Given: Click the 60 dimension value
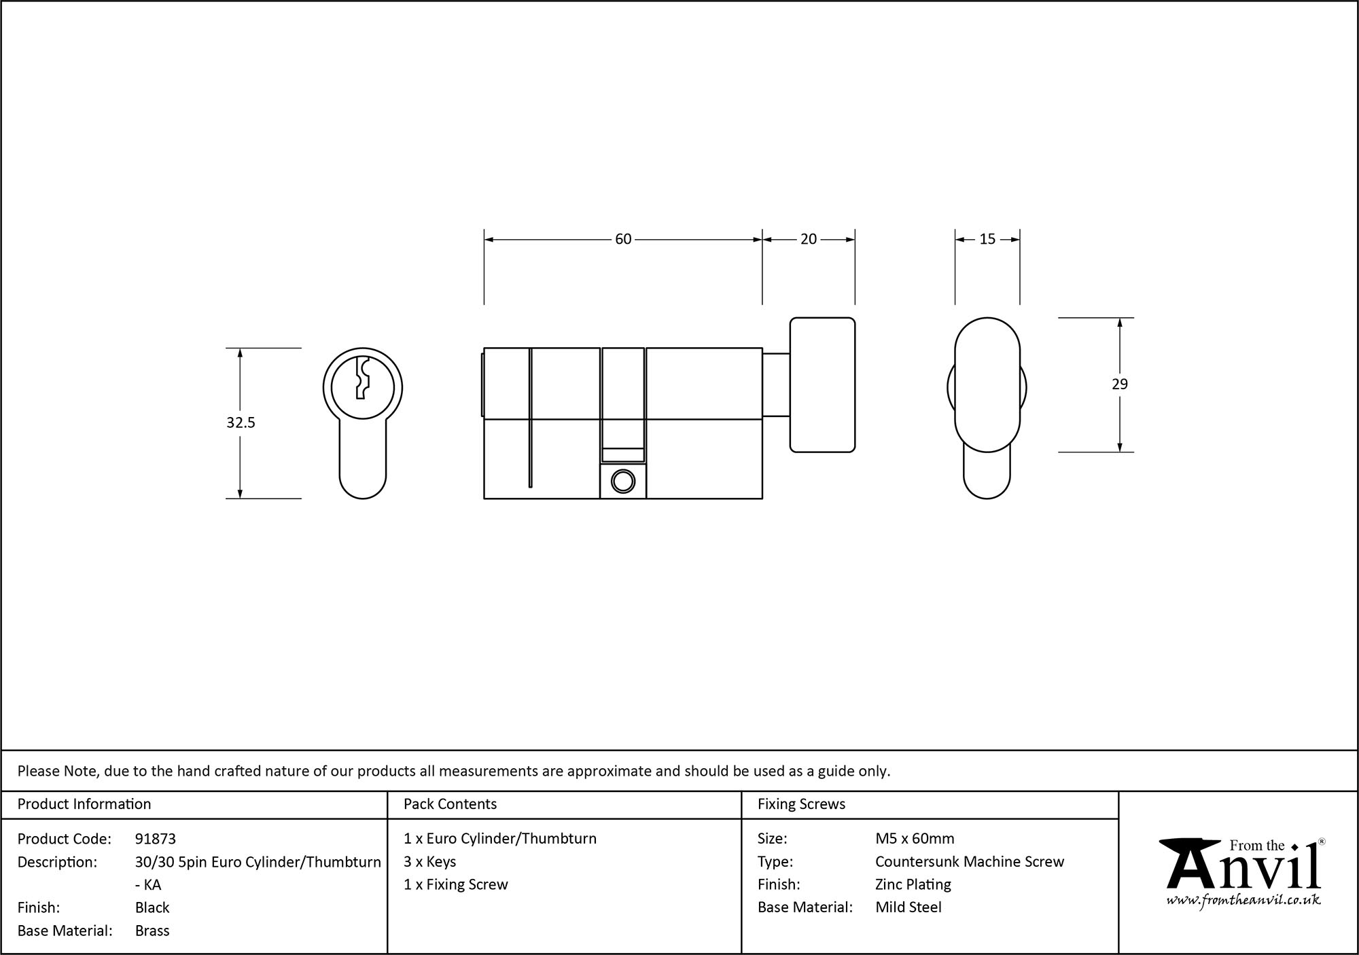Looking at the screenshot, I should click(x=623, y=239).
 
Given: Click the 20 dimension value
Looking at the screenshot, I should click(x=808, y=239).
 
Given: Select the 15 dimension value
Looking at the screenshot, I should click(x=987, y=239).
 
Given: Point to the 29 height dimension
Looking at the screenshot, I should click(x=1119, y=384).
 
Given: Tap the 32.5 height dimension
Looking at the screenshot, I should click(x=241, y=422).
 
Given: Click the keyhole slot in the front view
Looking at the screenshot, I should click(x=362, y=378).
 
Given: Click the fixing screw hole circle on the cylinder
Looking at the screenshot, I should click(x=622, y=482).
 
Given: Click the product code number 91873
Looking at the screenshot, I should click(x=156, y=839).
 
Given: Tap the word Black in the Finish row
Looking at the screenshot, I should click(x=152, y=907).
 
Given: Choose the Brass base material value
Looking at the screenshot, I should click(x=152, y=931).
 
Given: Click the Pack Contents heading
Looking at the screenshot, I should click(x=450, y=804).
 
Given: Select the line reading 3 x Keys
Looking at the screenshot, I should click(x=429, y=861).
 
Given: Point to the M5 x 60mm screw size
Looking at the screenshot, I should click(x=915, y=839).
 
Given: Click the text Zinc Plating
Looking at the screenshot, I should click(x=913, y=884).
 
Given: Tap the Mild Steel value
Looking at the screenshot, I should click(x=908, y=907).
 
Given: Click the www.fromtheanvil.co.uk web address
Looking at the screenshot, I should click(x=1243, y=900).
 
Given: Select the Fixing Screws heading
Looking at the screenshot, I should click(x=801, y=804).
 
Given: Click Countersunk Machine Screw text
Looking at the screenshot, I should click(x=969, y=862).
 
